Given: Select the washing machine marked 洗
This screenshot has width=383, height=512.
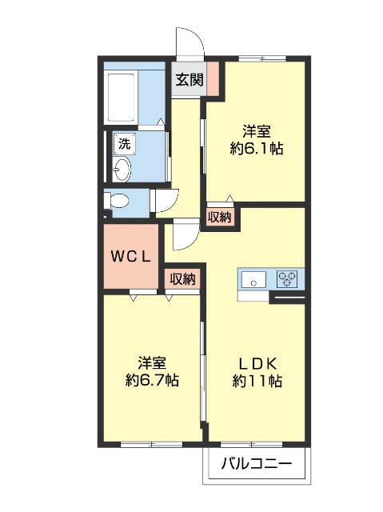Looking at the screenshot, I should tap(123, 144).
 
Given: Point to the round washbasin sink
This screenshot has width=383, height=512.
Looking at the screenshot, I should tap(122, 170).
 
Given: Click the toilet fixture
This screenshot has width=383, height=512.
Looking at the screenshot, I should tap(118, 201).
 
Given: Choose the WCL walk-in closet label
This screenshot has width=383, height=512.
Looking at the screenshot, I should tap(130, 257).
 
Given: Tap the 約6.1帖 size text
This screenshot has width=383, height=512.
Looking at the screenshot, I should tap(257, 148).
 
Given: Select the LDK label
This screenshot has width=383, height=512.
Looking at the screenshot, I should tap(257, 362).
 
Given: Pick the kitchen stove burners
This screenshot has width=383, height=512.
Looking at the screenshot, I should tap(286, 279).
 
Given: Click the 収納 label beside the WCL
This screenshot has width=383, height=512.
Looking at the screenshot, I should tap(182, 278).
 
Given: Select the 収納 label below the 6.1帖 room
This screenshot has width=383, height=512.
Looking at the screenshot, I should tap(219, 216).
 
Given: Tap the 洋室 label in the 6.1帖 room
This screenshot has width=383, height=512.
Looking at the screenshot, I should tap(257, 130).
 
